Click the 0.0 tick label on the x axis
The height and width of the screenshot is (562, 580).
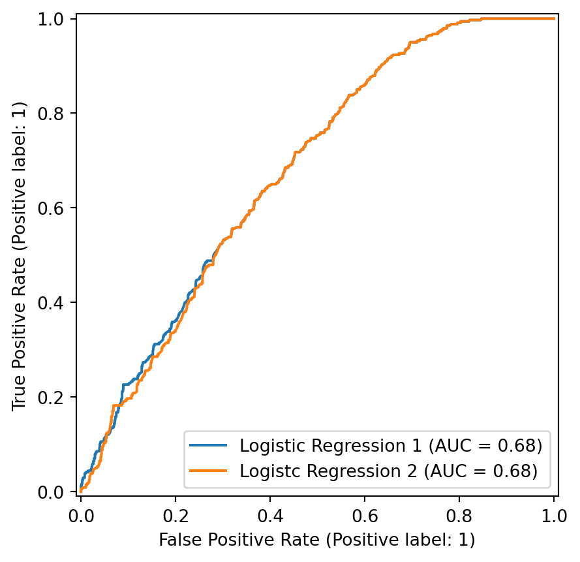coord(81,515)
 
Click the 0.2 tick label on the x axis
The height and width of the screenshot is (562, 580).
coord(176,515)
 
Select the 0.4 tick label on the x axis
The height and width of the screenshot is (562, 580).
coord(270,515)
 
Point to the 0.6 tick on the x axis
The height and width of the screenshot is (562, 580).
coord(365,515)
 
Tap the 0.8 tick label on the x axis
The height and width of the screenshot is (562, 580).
coord(459,515)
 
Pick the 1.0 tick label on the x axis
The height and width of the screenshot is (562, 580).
coord(554,515)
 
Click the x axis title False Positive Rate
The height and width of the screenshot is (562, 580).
coord(317,540)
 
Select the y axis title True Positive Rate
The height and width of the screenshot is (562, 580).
coord(20,255)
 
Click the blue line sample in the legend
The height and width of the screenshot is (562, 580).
coord(209,446)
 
